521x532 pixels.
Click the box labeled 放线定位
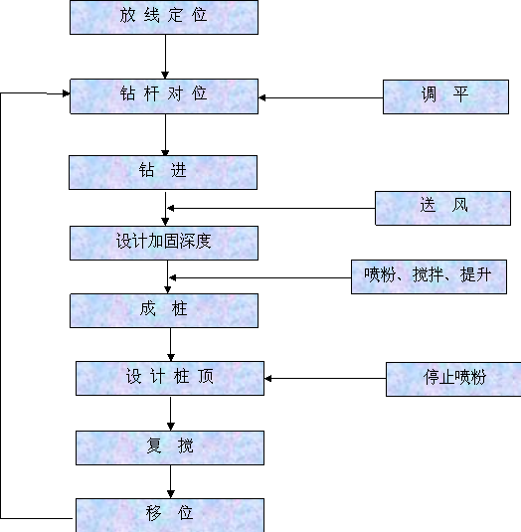pos(164,17)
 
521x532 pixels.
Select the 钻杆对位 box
pos(164,96)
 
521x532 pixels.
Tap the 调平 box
pos(445,96)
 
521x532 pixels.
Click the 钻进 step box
pos(163,172)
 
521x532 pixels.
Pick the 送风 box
pos(442,208)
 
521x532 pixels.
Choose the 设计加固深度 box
pos(164,243)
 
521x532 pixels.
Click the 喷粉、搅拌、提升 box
pos(429,276)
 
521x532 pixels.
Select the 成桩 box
pos(164,311)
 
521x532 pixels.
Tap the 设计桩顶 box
pos(170,378)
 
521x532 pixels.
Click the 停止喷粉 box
pos(453,379)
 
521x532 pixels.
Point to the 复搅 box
pos(170,447)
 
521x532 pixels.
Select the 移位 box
pos(170,515)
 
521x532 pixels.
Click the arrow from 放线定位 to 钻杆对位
pos(165,57)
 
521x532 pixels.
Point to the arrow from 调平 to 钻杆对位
pos(320,97)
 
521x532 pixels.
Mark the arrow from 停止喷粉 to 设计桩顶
pos(325,378)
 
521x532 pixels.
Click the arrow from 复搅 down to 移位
pos(171,481)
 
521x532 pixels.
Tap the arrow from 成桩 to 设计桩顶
pos(171,344)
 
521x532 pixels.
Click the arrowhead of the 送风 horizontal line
pos(171,208)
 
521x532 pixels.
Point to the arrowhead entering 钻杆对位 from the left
pos(67,93)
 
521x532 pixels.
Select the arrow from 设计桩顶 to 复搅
pos(171,414)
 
